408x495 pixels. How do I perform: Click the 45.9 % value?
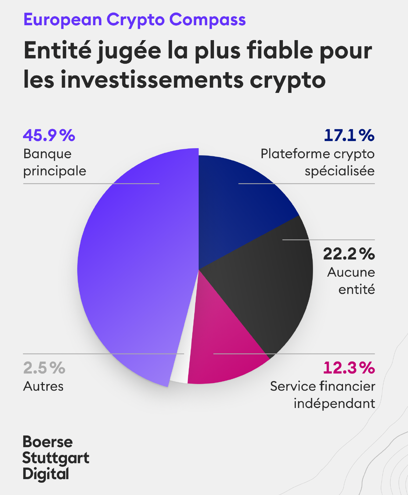click(x=49, y=135)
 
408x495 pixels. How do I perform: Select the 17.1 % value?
click(x=349, y=135)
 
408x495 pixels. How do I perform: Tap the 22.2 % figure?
click(x=349, y=254)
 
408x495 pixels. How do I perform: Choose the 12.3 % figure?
click(x=349, y=368)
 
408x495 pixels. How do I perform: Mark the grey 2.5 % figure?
click(x=44, y=368)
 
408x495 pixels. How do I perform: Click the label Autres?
click(x=43, y=386)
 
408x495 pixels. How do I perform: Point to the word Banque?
click(x=47, y=154)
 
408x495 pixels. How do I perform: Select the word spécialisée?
click(x=339, y=171)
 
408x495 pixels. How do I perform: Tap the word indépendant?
click(x=334, y=403)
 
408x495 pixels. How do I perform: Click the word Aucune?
click(x=351, y=272)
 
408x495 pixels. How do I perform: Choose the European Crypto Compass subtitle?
click(x=134, y=20)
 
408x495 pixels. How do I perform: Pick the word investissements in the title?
click(x=152, y=80)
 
